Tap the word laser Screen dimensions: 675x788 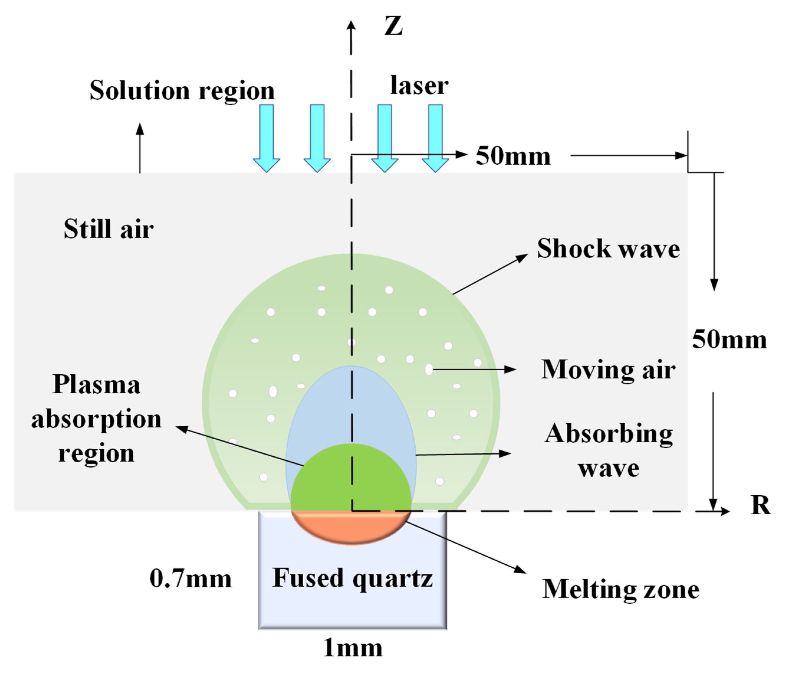(419, 85)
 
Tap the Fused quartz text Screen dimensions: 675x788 (352, 578)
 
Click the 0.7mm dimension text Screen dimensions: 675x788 (190, 579)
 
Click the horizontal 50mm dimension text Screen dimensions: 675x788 (513, 156)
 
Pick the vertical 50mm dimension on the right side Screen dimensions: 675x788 (729, 339)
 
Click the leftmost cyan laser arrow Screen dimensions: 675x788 (266, 137)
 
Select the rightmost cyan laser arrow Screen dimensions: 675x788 (435, 137)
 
